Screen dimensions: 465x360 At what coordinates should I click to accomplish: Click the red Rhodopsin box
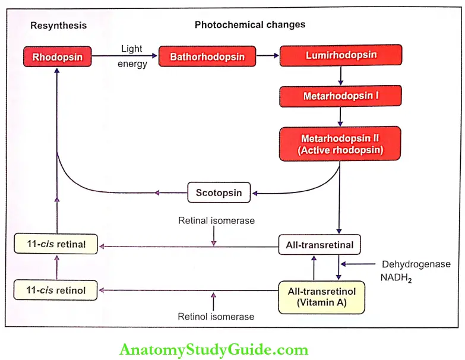(x=57, y=56)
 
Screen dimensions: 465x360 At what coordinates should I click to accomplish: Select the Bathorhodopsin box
(x=207, y=56)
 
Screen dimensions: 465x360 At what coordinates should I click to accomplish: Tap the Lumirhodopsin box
(x=341, y=55)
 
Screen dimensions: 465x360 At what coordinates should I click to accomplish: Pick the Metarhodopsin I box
(x=340, y=96)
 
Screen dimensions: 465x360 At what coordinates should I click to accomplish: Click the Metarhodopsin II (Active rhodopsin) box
(x=340, y=144)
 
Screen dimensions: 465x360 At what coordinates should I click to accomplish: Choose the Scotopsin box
(x=219, y=192)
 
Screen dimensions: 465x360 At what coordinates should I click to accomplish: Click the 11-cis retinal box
(x=56, y=244)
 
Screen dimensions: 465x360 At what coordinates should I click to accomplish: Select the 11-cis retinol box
(x=55, y=290)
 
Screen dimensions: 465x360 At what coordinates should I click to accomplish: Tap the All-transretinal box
(x=320, y=245)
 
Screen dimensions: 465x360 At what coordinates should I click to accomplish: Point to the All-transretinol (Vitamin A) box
(x=321, y=297)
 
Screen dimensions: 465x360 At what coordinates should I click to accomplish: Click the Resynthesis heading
(x=58, y=26)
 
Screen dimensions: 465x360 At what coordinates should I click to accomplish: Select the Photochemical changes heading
(x=249, y=24)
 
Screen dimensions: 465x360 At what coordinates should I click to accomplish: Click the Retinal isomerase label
(x=216, y=220)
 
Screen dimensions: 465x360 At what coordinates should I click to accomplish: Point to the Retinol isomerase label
(x=216, y=317)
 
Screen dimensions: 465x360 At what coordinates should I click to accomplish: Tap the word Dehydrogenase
(x=416, y=264)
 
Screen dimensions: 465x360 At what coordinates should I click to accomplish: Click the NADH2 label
(x=396, y=278)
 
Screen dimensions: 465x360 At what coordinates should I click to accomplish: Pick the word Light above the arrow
(x=132, y=49)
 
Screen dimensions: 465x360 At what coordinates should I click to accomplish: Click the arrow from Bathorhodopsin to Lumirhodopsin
(x=267, y=55)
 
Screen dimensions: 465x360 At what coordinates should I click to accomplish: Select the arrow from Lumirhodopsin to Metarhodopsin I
(x=340, y=75)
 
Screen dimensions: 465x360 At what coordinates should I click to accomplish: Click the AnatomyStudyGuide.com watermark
(x=214, y=350)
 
